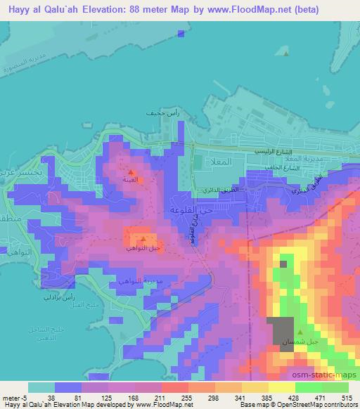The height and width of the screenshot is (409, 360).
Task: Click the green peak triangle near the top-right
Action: point(285,52)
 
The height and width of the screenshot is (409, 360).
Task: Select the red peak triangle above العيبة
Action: point(131,171)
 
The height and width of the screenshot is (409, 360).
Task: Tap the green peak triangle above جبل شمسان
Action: point(301,332)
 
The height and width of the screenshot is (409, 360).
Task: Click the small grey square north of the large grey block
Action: point(283,264)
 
